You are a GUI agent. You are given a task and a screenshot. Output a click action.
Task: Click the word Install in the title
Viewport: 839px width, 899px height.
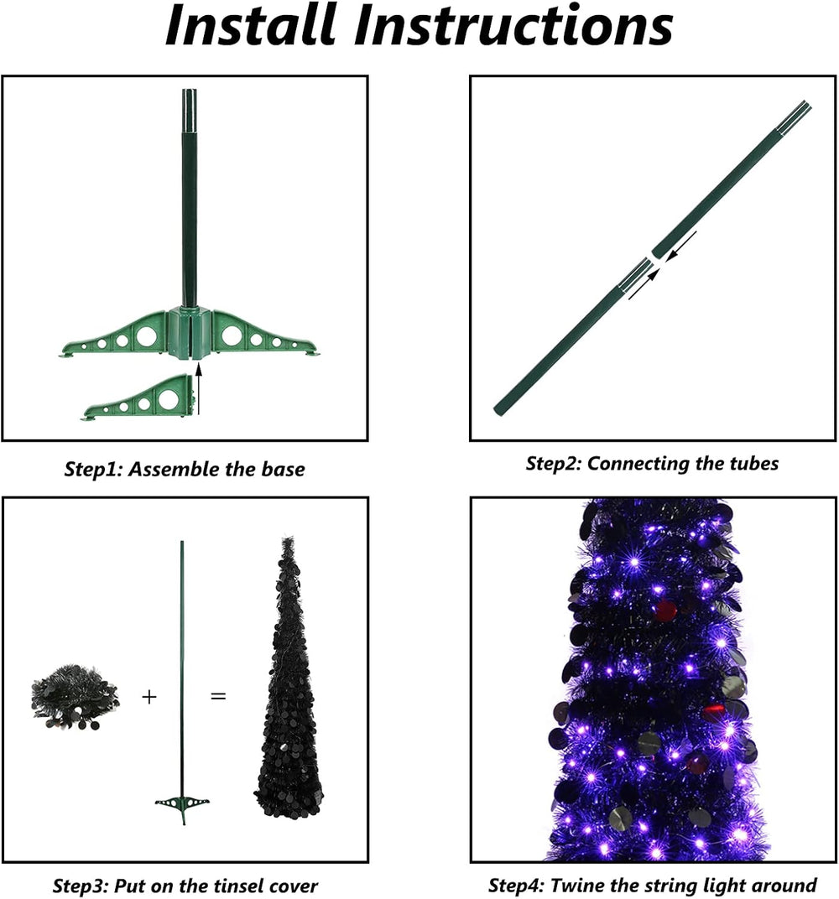point(250,25)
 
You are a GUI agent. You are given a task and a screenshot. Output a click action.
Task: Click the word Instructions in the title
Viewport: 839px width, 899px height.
point(513,25)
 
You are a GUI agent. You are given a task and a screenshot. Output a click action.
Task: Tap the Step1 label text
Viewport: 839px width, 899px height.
point(93,470)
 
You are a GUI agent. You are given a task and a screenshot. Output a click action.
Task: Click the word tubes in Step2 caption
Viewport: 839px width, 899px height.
point(754,463)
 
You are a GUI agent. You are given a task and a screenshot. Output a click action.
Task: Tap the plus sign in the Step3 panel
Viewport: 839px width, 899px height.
point(149,697)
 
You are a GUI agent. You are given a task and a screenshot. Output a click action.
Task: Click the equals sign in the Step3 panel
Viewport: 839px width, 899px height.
point(218,697)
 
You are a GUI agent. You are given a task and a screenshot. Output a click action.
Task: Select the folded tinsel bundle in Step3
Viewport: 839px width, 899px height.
point(75,698)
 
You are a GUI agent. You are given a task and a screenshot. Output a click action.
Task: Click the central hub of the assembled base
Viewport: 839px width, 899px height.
point(190,334)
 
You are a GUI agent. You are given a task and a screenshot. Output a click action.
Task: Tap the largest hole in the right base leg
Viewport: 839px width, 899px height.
point(232,335)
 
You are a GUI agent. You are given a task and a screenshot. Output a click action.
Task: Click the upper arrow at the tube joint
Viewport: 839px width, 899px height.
point(681,246)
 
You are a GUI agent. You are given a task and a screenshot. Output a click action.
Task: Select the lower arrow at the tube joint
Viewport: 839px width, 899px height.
point(644,284)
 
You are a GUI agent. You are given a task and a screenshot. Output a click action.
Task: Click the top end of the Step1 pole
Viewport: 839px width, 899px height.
point(190,91)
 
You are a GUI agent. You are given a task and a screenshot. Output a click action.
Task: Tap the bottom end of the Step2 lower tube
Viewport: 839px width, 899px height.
point(498,411)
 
